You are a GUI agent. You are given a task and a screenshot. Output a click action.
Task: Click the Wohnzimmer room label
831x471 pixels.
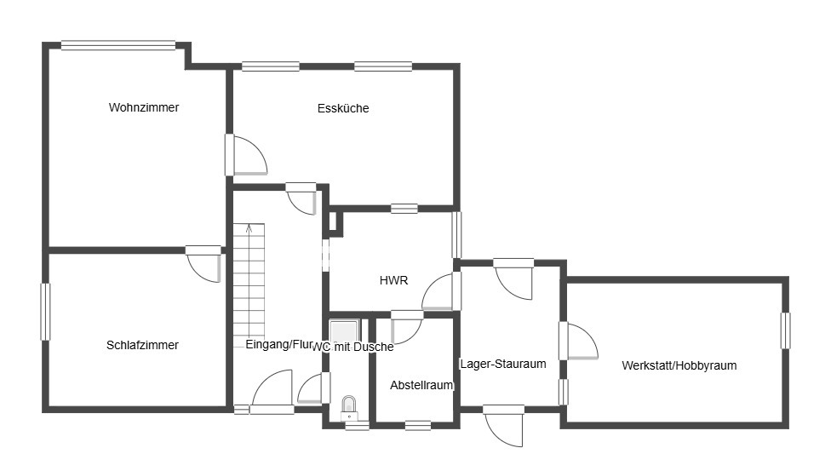click(144, 107)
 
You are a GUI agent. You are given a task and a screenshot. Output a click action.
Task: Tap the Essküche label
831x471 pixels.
click(343, 108)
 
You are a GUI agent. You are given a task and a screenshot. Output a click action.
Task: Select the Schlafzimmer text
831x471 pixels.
click(142, 345)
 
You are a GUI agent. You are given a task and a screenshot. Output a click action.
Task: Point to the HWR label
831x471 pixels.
click(393, 280)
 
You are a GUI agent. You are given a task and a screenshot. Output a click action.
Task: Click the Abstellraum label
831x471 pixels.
click(421, 385)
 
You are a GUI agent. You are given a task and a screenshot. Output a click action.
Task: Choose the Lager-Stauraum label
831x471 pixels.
click(503, 364)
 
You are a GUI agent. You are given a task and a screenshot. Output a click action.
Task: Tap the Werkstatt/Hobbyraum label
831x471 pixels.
click(679, 365)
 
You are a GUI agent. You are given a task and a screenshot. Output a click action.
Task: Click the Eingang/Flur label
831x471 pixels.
click(279, 345)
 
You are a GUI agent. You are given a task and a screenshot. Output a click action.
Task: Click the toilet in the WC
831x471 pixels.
click(349, 405)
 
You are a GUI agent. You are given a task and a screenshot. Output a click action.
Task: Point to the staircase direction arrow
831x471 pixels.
click(249, 228)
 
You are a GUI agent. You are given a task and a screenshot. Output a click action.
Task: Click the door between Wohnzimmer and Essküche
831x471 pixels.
click(246, 155)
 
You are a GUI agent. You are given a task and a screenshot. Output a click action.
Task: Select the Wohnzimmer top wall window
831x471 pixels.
click(118, 46)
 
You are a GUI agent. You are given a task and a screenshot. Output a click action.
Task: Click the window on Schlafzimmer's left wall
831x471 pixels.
click(46, 312)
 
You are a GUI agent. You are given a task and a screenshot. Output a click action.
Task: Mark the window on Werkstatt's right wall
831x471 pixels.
click(785, 330)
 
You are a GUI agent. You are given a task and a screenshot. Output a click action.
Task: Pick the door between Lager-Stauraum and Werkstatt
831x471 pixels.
click(578, 341)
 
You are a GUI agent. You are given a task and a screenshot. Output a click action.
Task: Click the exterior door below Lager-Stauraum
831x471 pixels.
click(503, 426)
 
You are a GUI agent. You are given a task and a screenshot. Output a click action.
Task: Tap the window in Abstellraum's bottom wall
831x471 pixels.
click(417, 425)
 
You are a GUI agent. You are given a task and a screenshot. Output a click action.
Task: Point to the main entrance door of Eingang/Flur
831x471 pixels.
click(272, 391)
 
